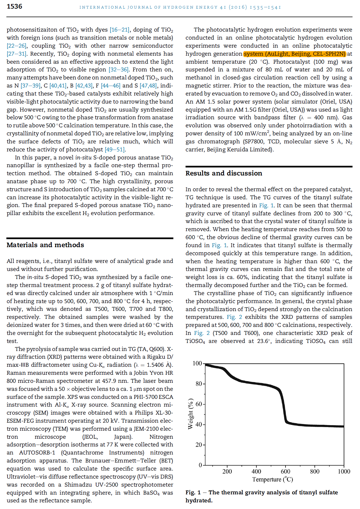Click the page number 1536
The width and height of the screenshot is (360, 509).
[x=14, y=6]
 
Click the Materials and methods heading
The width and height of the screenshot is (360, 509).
[x=45, y=245]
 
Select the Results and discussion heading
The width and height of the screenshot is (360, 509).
[x=223, y=173]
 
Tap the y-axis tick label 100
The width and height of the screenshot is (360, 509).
[x=197, y=363]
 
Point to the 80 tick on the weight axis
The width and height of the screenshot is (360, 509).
[x=199, y=384]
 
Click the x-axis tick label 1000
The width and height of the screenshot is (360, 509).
[x=344, y=471]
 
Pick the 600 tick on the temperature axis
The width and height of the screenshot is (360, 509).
[x=285, y=471]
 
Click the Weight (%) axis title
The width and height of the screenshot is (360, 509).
[x=190, y=414]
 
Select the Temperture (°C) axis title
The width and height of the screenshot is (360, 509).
[x=272, y=479]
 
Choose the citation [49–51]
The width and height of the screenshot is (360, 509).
[x=115, y=149]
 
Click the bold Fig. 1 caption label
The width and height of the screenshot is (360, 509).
[x=193, y=492]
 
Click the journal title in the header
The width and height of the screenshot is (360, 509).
[x=180, y=7]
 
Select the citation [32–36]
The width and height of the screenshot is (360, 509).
[x=119, y=69]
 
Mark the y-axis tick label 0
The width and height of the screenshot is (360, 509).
[x=200, y=465]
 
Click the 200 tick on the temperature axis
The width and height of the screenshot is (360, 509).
[x=227, y=471]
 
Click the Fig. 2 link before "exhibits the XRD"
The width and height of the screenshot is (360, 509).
[x=234, y=317]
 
